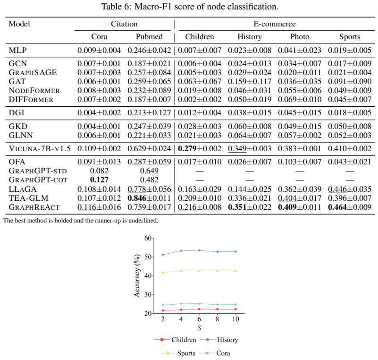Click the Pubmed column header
[x=149, y=37]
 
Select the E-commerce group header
[x=275, y=24]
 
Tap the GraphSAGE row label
[x=33, y=72]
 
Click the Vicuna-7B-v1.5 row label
[x=40, y=148]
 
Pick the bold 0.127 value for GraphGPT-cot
[x=99, y=180]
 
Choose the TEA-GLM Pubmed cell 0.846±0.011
[x=149, y=198]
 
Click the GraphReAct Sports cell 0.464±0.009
[x=350, y=207]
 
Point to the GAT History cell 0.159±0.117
[x=250, y=81]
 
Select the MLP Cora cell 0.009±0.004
[x=99, y=50]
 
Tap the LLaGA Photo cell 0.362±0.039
[x=300, y=189]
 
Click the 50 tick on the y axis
[x=148, y=257]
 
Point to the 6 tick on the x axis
[x=199, y=319]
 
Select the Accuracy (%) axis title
[x=137, y=275]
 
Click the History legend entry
[x=219, y=340]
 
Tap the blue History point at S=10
[x=235, y=252]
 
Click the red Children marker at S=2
[x=163, y=310]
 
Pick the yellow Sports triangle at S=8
[x=218, y=271]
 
